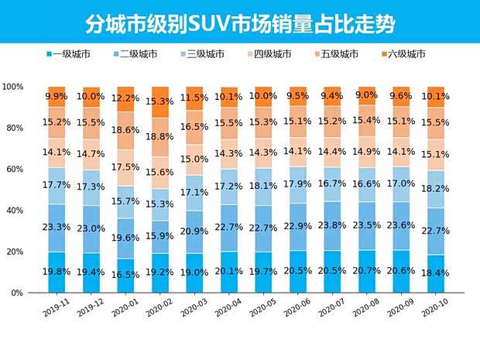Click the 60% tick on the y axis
point(15,170)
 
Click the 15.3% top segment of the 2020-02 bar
point(161,101)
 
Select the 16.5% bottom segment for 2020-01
point(126,275)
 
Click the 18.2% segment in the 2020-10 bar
point(436,189)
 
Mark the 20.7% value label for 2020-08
point(367,273)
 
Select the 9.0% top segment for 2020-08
point(367,96)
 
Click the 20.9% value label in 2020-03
point(195,231)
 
